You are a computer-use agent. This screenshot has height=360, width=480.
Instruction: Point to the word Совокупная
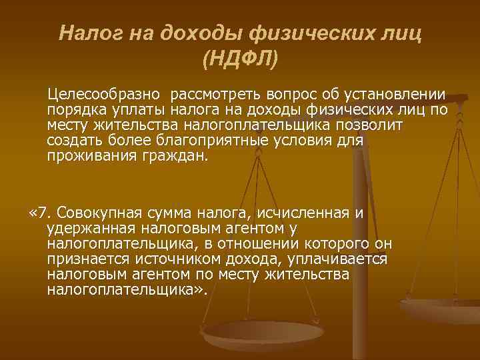(99, 213)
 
